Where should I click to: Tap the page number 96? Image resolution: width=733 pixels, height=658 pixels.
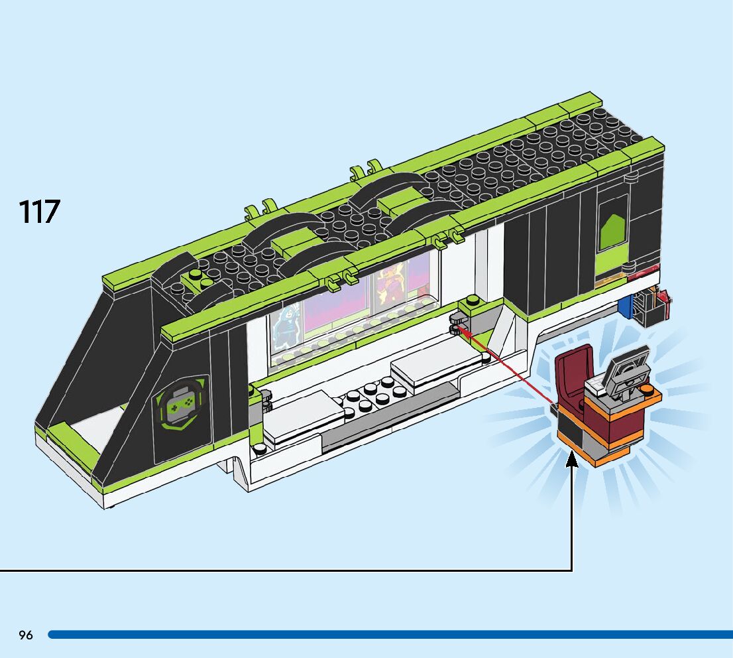tap(26, 635)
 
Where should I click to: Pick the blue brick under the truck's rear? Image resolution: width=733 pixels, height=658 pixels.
tap(625, 305)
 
